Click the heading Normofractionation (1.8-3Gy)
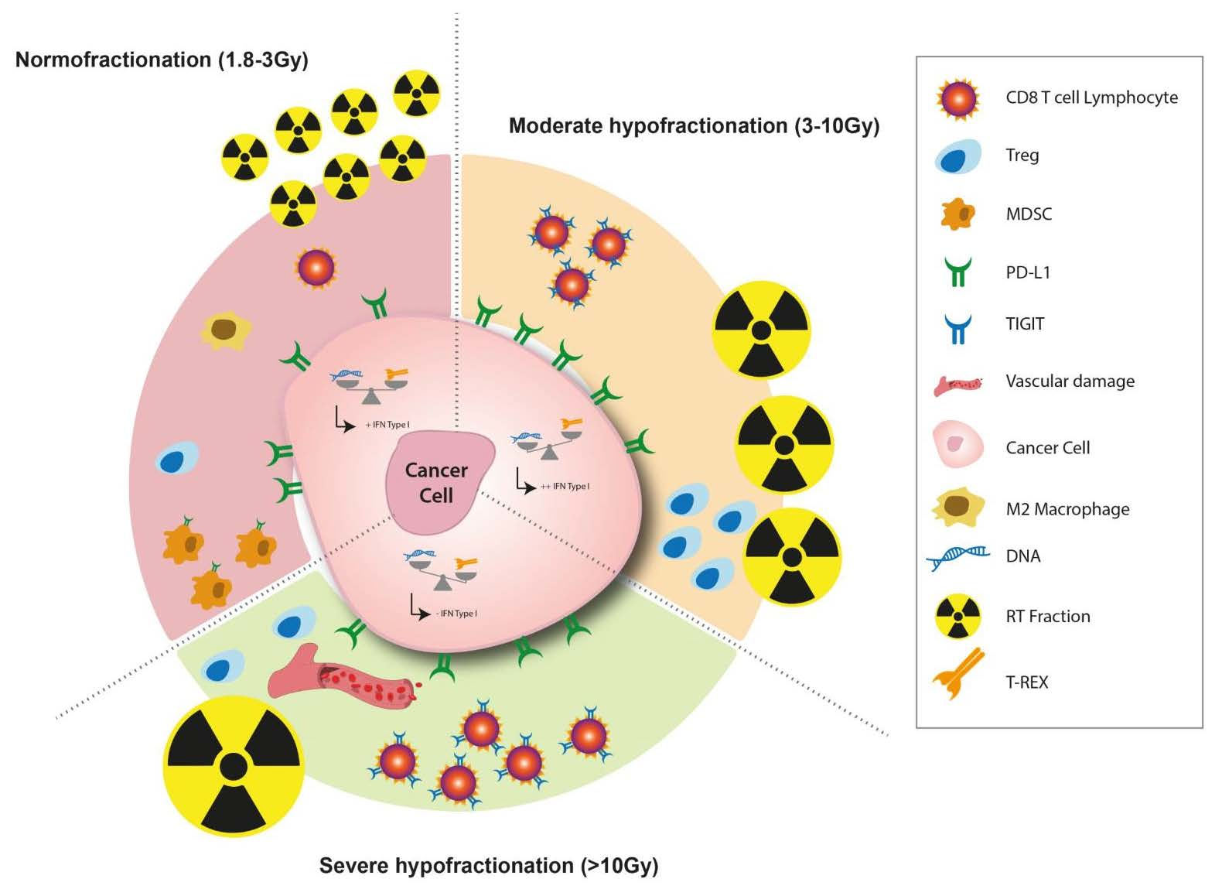162,60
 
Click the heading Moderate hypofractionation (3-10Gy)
694,125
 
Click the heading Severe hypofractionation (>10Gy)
489,865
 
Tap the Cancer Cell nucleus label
436,483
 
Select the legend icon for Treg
957,157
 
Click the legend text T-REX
1026,682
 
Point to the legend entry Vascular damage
1070,381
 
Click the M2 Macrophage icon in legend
957,508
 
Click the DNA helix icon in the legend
957,556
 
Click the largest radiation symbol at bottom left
233,765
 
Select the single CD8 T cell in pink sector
316,268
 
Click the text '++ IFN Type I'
565,486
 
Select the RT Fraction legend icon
957,617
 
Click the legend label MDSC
1028,214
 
